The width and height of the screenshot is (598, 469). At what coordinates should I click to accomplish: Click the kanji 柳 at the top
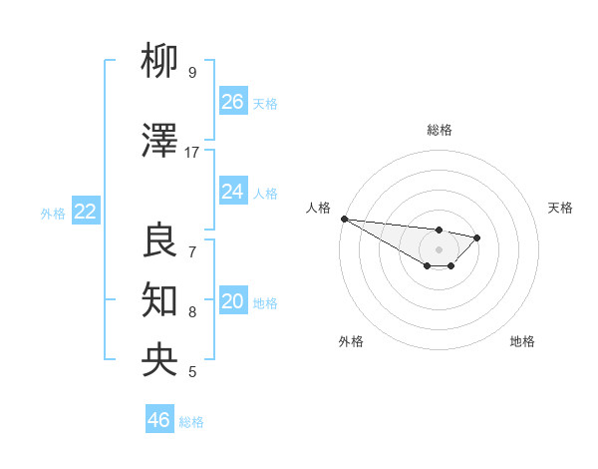tap(160, 62)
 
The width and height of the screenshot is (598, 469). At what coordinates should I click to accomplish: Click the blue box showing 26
tap(232, 102)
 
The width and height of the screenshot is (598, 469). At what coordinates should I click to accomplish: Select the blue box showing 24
tap(232, 192)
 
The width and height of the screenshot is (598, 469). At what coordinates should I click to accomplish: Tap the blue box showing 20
tap(232, 301)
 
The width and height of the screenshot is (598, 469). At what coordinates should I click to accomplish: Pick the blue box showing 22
tap(85, 212)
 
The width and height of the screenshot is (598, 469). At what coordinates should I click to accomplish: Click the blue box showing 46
tap(159, 420)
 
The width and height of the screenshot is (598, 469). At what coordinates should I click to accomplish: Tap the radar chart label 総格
tap(439, 130)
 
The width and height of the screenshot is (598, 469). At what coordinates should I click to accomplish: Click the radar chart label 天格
tap(561, 208)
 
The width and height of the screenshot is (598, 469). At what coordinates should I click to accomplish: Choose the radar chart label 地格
tap(522, 341)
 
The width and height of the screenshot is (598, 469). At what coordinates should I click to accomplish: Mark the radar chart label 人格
tap(319, 208)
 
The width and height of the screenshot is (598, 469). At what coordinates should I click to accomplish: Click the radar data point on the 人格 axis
tap(344, 219)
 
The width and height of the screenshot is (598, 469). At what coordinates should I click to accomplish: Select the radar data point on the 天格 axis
tap(477, 237)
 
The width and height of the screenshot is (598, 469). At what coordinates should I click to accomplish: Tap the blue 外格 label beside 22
tap(52, 213)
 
